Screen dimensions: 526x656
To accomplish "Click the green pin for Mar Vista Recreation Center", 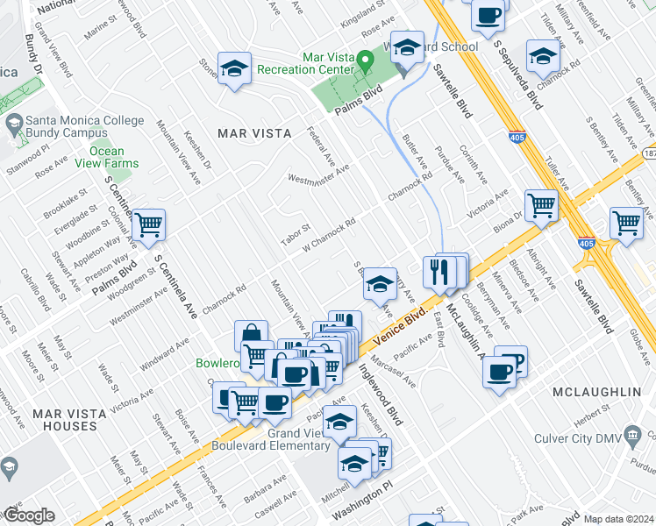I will (367, 60).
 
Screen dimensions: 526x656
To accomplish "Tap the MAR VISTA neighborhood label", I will (253, 133).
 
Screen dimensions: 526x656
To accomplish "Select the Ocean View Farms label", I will (106, 157).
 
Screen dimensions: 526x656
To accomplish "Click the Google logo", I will (29, 515).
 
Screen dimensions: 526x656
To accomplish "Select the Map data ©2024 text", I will (618, 519).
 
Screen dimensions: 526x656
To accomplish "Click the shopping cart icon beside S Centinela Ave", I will (148, 224).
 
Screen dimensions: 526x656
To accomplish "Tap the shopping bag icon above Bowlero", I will (251, 334).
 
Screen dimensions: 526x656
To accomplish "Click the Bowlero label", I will (217, 363).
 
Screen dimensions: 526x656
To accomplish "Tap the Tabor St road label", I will (296, 235).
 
